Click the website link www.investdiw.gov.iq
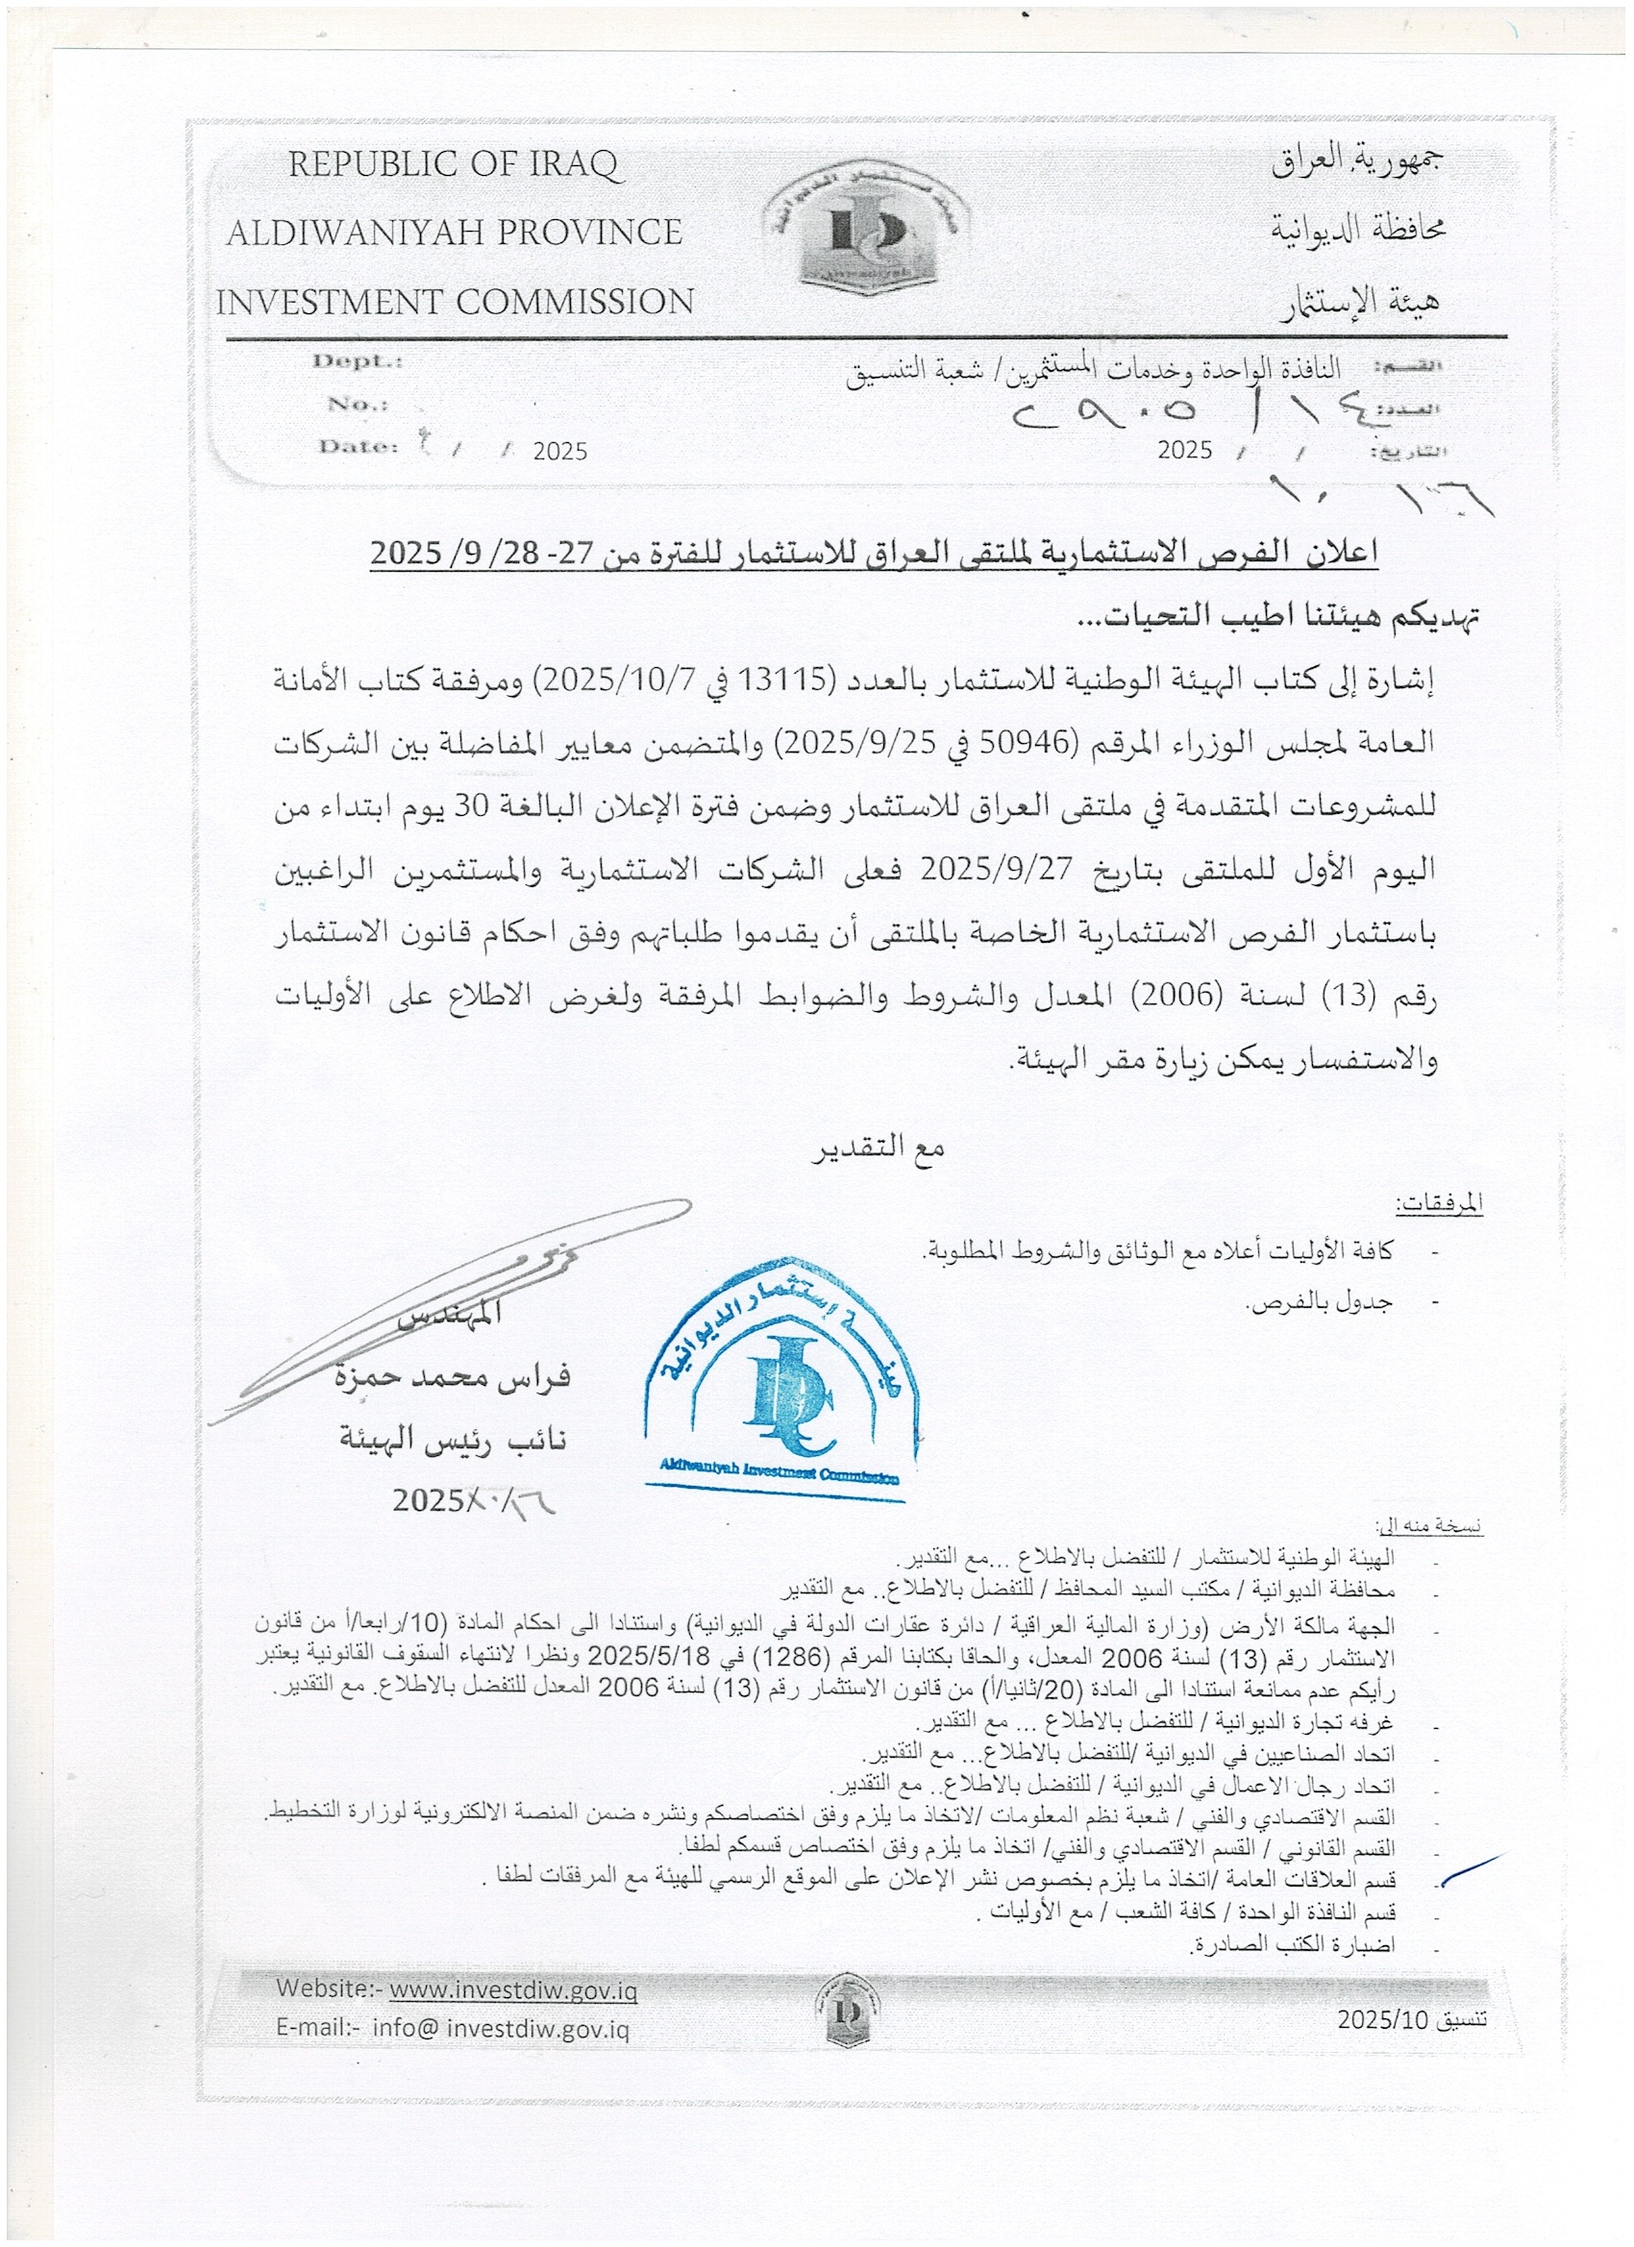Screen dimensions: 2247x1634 click(512, 1990)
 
